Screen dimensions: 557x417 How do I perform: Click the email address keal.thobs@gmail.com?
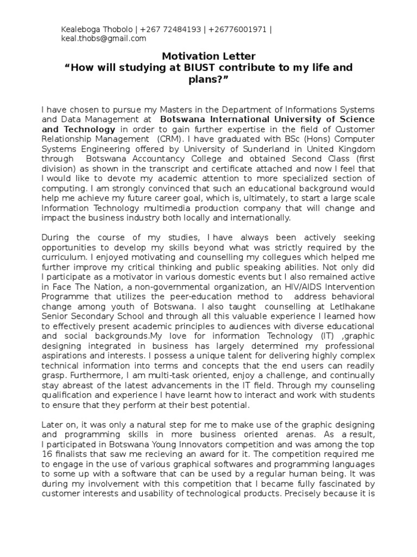tap(103, 39)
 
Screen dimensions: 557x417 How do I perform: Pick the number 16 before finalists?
tap(48, 453)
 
